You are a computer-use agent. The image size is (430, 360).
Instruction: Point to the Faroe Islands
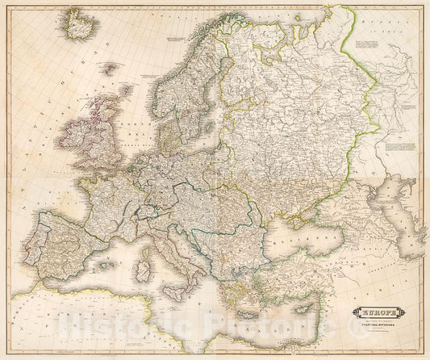point(106,68)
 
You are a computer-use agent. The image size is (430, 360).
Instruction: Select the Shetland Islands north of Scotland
point(126,90)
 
